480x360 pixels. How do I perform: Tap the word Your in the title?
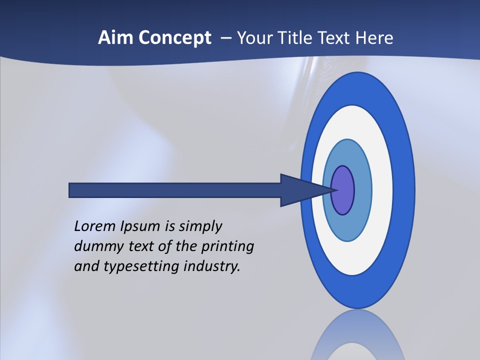254,38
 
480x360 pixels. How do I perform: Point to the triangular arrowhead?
300,190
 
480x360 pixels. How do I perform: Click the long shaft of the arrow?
175,190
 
